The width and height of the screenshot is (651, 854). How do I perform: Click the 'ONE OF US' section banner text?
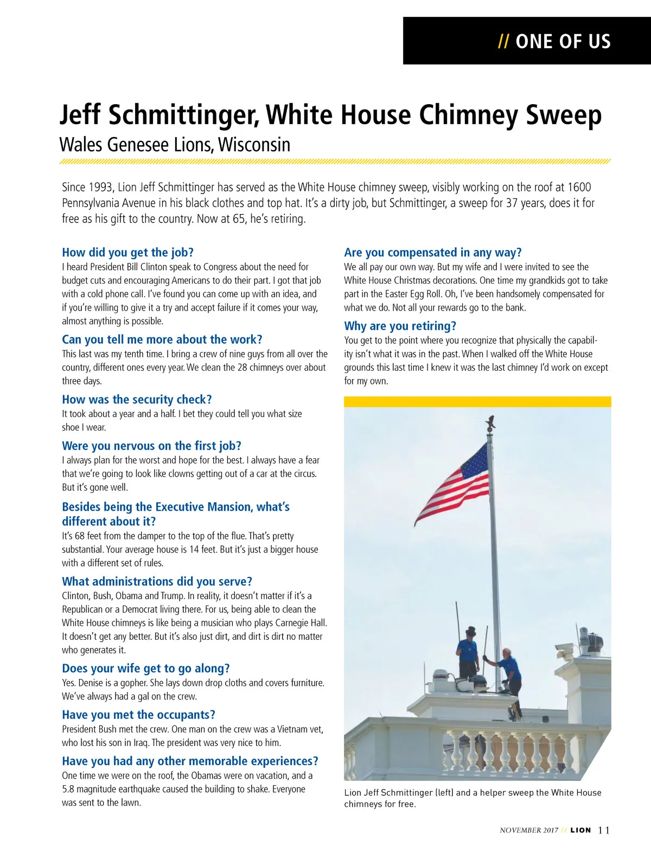(x=563, y=42)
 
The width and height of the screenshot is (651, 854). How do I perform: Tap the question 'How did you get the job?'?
(x=127, y=252)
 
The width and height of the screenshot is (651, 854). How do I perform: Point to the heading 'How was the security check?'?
(x=137, y=400)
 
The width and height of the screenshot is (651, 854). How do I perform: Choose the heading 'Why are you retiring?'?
(x=400, y=326)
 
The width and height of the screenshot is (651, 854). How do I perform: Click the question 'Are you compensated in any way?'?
(x=432, y=252)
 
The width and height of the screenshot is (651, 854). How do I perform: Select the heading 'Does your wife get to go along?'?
(x=145, y=669)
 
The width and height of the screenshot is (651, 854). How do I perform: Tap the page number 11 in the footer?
(x=604, y=830)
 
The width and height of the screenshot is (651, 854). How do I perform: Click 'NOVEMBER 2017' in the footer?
(x=529, y=830)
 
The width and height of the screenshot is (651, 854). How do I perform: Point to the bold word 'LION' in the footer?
(x=580, y=830)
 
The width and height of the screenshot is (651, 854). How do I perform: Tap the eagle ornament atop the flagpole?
(x=491, y=421)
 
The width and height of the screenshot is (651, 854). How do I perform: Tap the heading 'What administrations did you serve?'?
(x=157, y=582)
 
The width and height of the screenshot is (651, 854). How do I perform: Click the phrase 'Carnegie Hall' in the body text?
(x=301, y=623)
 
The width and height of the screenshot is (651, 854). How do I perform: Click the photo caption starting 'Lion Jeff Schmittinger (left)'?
(x=473, y=798)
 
